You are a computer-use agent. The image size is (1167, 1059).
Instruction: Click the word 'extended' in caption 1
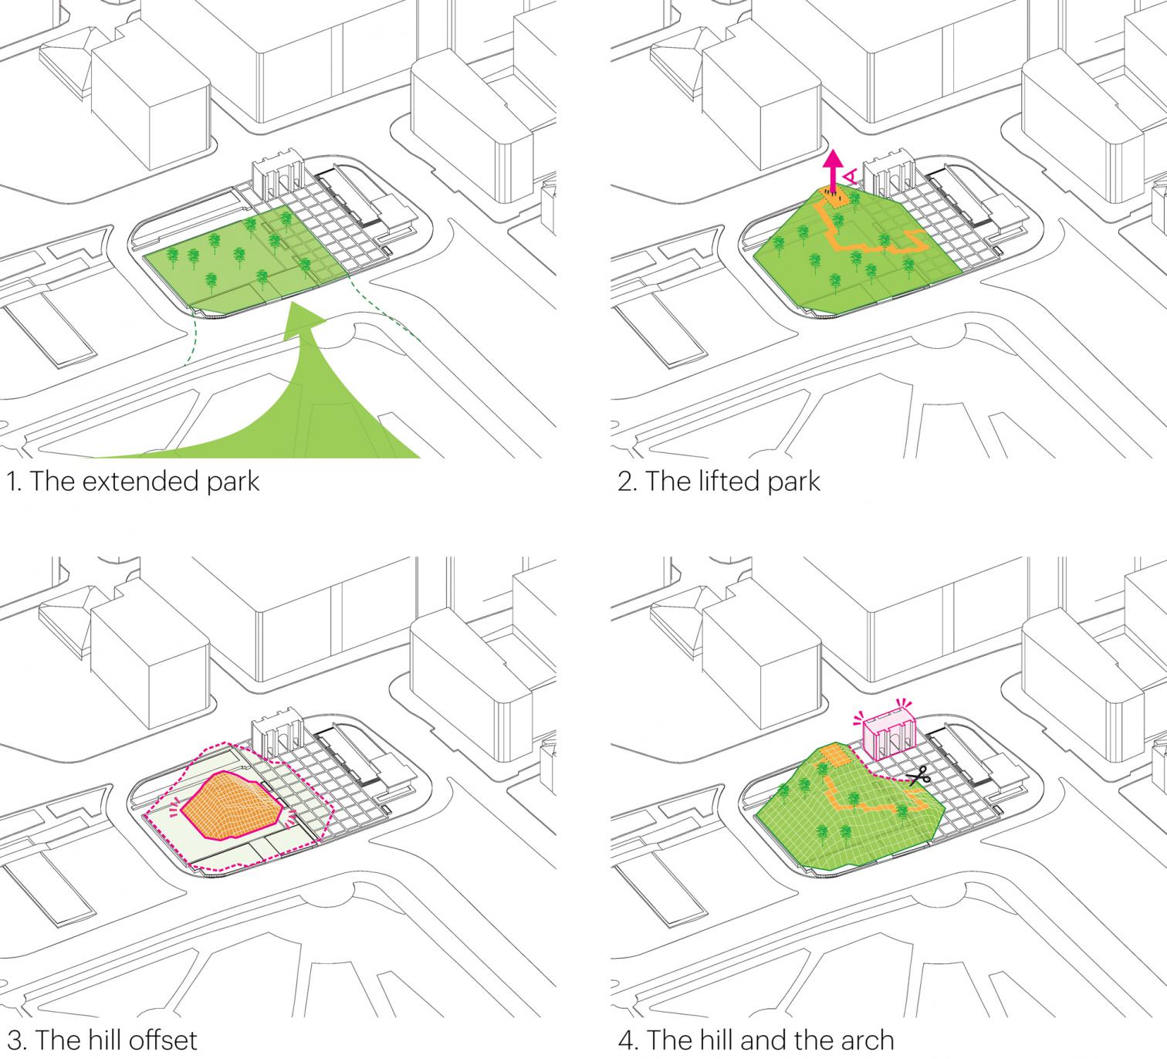(x=130, y=481)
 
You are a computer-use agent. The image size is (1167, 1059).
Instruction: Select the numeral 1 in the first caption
(x=11, y=481)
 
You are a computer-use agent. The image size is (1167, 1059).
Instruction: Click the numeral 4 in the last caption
(x=626, y=1038)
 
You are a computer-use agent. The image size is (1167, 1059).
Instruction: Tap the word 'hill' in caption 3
(x=102, y=1038)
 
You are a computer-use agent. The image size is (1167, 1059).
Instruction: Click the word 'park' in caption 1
(x=232, y=482)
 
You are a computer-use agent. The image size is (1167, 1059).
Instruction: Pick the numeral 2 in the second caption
(x=626, y=481)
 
